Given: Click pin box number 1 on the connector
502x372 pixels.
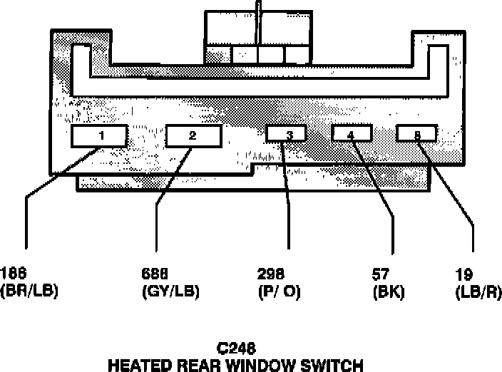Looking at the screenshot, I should (101, 135).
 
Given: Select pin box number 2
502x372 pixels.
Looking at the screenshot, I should (192, 135).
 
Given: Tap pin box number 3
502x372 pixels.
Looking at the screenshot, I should (287, 134).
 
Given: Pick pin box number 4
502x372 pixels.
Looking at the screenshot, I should (351, 133).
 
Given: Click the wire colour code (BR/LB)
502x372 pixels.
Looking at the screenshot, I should (29, 291).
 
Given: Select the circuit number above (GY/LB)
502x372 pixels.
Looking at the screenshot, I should (155, 273).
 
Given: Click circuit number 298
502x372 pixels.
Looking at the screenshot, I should (270, 273).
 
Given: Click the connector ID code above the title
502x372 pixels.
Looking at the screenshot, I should (235, 349).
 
